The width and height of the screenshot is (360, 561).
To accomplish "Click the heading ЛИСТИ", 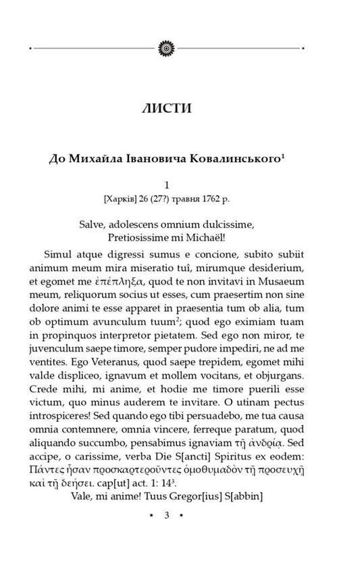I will (x=165, y=108).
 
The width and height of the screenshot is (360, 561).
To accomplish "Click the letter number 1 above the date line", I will (x=166, y=184).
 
